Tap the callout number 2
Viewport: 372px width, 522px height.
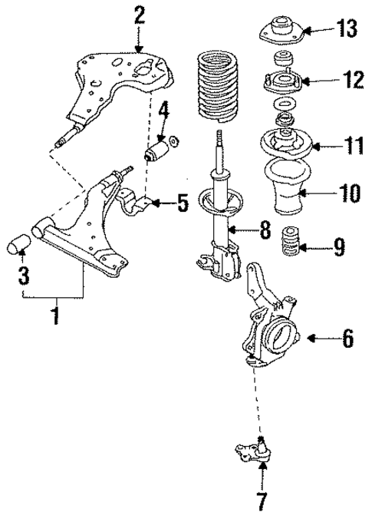tap(138, 15)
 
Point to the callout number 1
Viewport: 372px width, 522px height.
tap(54, 316)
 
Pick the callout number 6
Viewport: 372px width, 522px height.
tap(347, 337)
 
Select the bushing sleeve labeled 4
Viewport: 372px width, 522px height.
tap(156, 147)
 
